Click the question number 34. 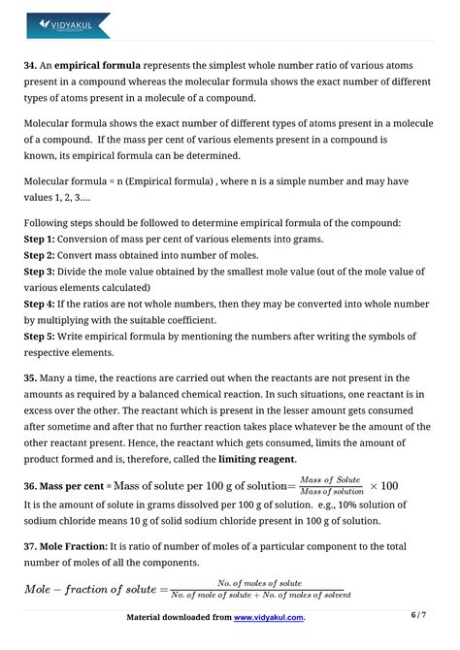(x=31, y=66)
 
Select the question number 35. (x=31, y=377)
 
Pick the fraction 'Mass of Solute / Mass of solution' (x=329, y=485)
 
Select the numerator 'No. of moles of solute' (x=260, y=583)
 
